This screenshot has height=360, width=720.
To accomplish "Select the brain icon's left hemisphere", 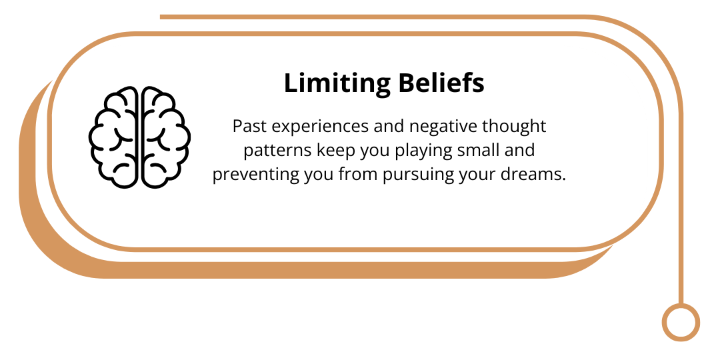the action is (113, 137).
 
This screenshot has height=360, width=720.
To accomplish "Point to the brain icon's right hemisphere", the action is (166, 137).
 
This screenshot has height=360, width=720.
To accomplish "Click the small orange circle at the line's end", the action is (681, 322).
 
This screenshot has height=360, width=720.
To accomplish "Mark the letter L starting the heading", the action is (291, 84).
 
